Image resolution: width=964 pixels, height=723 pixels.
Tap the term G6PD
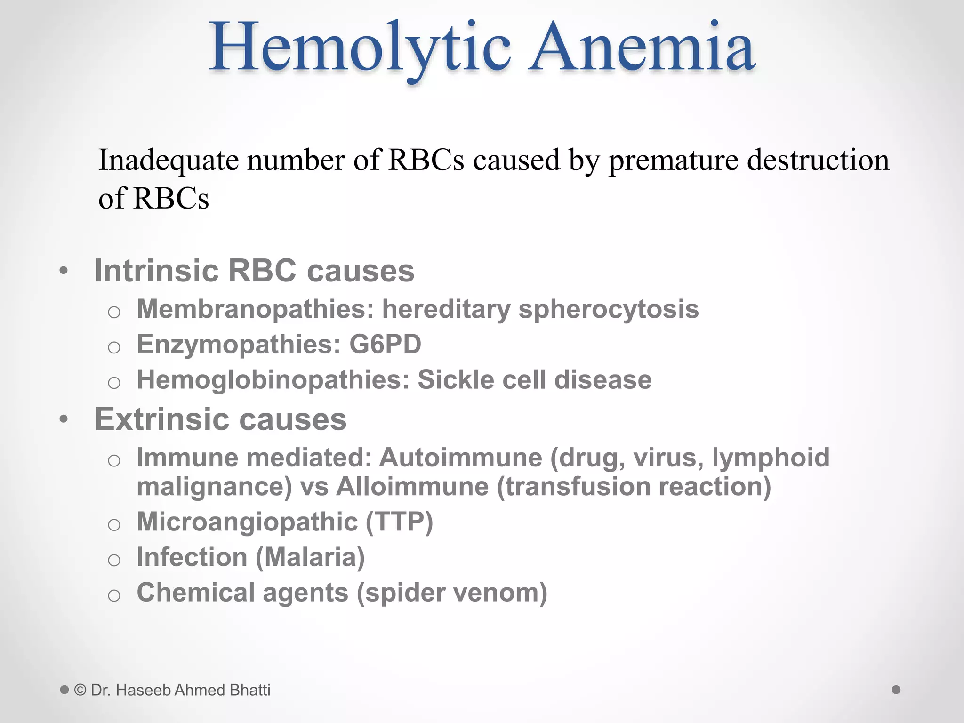pos(385,344)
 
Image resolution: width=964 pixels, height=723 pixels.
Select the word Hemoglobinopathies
pos(273,380)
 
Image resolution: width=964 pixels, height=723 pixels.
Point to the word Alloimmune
pos(412,486)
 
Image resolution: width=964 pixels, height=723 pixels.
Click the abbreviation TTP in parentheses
pos(399,522)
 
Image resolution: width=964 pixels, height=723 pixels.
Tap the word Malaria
pos(310,557)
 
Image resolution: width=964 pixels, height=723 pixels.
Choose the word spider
pos(400,593)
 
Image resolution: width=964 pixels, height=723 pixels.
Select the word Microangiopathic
pos(248,522)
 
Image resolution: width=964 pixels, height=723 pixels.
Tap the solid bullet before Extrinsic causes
pos(64,419)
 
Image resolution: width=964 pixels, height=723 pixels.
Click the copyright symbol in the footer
pos(80,690)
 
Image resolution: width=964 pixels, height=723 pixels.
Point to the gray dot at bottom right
pos(896,690)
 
